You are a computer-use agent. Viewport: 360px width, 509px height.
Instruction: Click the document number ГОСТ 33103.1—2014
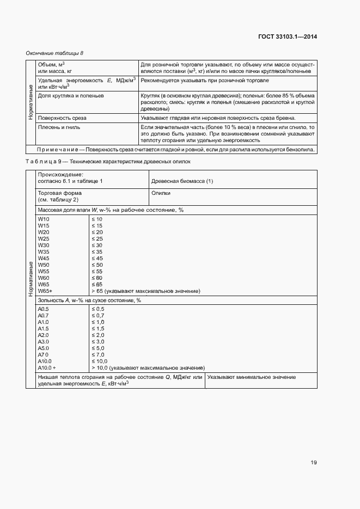288,37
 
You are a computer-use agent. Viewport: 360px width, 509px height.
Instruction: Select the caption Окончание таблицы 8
55,53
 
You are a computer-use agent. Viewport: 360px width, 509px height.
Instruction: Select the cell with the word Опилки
161,193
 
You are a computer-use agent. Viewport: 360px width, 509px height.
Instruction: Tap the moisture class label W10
44,219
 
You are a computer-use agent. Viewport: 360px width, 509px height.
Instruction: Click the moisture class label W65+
45,291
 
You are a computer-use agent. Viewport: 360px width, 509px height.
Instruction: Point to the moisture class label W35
44,252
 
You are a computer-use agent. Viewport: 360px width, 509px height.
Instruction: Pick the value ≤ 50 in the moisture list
97,265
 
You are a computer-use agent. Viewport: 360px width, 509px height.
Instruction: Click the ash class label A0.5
44,309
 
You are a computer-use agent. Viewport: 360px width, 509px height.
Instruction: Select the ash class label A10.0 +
47,367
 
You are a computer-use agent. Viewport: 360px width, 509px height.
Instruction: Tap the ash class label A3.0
44,341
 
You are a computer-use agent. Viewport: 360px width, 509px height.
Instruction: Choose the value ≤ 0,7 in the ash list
97,315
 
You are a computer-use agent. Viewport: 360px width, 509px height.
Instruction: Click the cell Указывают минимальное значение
251,377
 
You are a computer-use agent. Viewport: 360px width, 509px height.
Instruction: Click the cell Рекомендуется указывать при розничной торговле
204,81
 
